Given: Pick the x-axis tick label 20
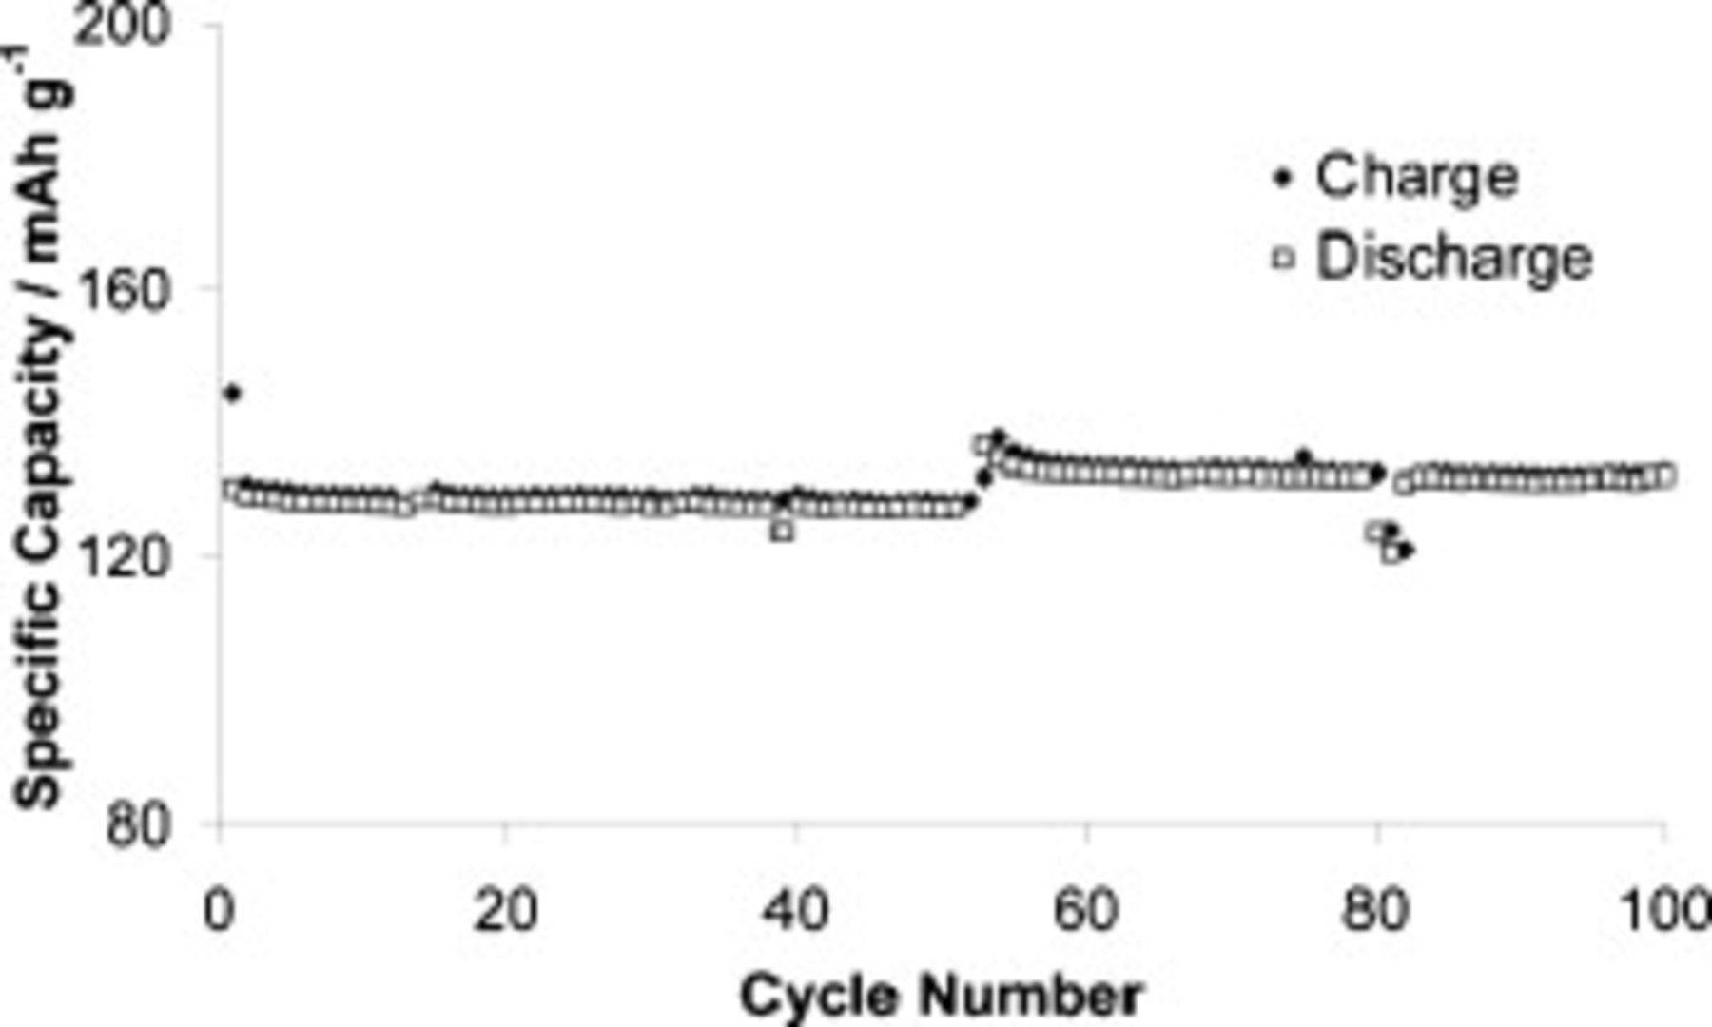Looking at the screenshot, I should pos(505,910).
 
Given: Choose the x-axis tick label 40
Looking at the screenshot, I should pos(795,910).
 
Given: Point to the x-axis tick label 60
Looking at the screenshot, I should pos(1085,910).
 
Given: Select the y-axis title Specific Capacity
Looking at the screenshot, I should pos(42,428).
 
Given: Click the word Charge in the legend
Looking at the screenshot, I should pos(1416,177).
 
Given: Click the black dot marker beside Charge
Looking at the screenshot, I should pos(1283,178).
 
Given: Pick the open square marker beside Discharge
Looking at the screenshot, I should pos(1283,258).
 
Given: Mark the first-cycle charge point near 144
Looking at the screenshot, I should pos(232,393).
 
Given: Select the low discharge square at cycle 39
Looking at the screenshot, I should pos(783,531).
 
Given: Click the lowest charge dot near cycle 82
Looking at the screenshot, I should pos(1407,550).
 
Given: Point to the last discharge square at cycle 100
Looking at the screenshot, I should pos(1664,475).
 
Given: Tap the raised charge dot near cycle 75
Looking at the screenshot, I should pos(1304,458).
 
